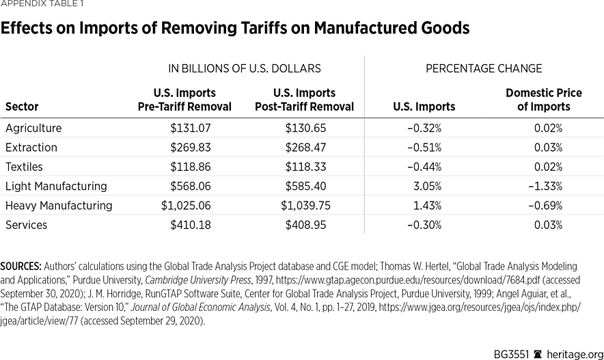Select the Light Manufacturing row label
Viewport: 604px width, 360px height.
[56, 186]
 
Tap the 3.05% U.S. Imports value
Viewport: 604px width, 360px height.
[427, 186]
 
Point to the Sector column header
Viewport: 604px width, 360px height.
[22, 107]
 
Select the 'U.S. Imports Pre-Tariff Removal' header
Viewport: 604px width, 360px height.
[184, 100]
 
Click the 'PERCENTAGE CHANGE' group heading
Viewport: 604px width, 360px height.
[484, 68]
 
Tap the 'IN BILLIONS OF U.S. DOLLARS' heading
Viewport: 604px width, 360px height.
[244, 68]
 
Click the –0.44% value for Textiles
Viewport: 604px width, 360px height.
[424, 167]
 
